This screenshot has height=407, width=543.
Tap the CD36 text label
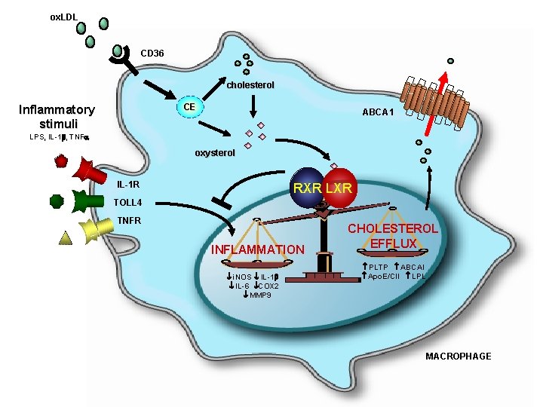pos(152,54)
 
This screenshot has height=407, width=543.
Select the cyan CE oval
pos(189,107)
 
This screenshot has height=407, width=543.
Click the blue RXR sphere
pos(307,188)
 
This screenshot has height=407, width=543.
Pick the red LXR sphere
pos(340,188)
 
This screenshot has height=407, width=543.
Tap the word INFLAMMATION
pos(257,249)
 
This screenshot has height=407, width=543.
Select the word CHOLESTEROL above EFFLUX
pos(392,228)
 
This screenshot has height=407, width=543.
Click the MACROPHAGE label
pos(458,356)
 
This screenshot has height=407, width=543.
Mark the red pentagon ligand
pos(61,161)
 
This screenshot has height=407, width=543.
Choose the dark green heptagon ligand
pos(55,200)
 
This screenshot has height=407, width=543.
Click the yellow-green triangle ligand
pos(66,239)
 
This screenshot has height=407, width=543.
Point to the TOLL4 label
pos(127,203)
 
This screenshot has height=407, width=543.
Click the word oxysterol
pos(215,153)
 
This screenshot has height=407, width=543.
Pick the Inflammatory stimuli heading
pos(56,115)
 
